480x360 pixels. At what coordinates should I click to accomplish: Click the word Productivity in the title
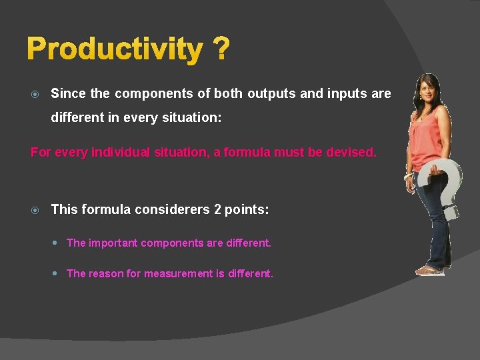point(115,49)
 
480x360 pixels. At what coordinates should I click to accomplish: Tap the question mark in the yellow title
point(221,49)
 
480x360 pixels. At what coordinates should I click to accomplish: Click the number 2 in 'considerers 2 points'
point(217,209)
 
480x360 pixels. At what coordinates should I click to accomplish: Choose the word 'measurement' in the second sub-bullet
point(185,273)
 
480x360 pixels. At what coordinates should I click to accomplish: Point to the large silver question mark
point(447,187)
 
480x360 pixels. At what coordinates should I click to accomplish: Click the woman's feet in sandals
point(430,269)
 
